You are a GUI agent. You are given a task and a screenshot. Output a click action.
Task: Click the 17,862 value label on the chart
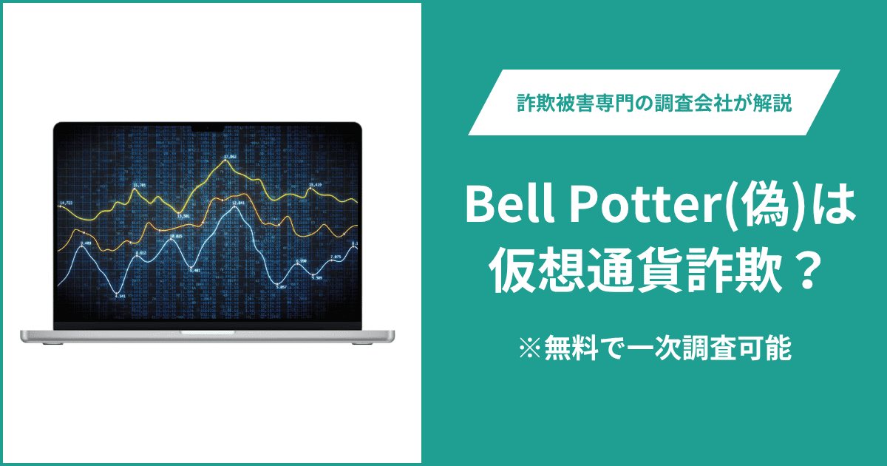tap(230, 157)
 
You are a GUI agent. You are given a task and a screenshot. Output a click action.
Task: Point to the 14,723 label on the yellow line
tap(66, 202)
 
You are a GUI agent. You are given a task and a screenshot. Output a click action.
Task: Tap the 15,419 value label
tap(315, 184)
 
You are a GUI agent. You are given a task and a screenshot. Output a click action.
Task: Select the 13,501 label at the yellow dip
tap(183, 215)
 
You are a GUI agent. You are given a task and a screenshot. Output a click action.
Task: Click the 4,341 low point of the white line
tap(120, 296)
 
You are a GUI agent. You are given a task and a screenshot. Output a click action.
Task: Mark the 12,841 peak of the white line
tap(238, 203)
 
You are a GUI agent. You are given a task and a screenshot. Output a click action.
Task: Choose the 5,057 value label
tap(281, 286)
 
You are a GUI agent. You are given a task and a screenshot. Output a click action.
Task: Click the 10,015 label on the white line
tap(176, 236)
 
